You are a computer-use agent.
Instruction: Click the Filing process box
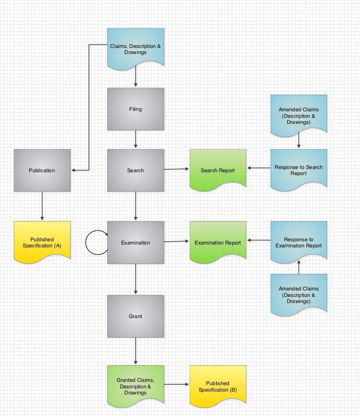tap(135, 109)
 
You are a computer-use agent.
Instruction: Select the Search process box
tap(135, 170)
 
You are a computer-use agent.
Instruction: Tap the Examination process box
tap(135, 243)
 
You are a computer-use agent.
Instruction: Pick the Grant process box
tap(135, 316)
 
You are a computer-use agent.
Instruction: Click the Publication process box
tap(42, 170)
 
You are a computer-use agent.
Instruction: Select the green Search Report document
tap(218, 169)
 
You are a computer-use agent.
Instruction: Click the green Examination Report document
tap(218, 241)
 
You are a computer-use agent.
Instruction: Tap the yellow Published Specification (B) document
tap(218, 385)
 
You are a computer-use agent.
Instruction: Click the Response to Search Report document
tap(299, 169)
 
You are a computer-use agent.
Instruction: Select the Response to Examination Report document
tap(299, 241)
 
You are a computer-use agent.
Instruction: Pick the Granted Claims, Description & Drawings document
tap(135, 385)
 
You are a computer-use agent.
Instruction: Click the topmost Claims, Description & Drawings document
tap(135, 48)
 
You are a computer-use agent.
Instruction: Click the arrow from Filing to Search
tap(135, 139)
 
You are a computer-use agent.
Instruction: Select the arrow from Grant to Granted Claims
tap(135, 351)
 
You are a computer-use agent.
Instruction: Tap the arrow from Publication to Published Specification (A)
tap(42, 206)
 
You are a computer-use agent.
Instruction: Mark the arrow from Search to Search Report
tap(177, 169)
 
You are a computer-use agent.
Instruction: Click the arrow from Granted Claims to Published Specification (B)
tap(177, 384)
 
